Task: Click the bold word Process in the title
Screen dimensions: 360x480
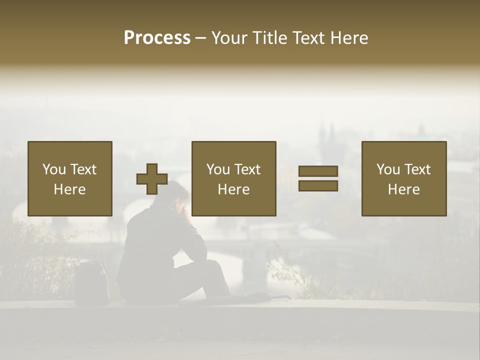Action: tap(157, 38)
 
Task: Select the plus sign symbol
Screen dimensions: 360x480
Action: tap(152, 179)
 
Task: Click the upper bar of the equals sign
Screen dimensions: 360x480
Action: tap(318, 171)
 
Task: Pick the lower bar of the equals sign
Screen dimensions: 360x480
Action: tap(318, 186)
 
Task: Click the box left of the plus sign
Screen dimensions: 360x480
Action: tap(70, 178)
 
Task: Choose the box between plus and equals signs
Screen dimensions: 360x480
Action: tap(233, 178)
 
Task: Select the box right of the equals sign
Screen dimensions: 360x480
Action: tap(404, 178)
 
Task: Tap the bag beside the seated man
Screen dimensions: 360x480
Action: tap(91, 282)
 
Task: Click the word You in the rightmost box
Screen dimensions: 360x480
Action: tap(388, 169)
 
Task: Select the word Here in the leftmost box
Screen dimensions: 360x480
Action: tap(70, 189)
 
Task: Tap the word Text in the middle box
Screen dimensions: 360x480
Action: tap(247, 169)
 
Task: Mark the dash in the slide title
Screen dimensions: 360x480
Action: tap(201, 38)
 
